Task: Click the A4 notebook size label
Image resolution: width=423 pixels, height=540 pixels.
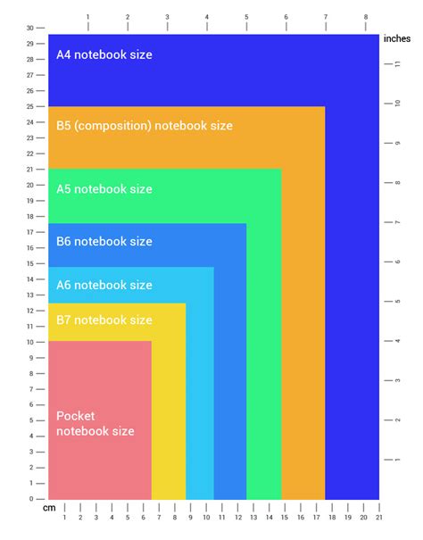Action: click(x=104, y=54)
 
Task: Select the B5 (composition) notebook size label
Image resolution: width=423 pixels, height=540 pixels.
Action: click(x=145, y=126)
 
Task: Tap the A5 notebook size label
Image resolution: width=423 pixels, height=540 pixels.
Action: click(x=104, y=189)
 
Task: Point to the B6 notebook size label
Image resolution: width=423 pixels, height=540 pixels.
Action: click(x=104, y=241)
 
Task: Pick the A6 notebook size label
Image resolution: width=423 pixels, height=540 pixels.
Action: click(x=104, y=286)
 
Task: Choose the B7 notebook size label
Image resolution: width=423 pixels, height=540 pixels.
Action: click(x=104, y=320)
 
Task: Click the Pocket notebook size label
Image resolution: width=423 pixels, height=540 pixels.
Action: click(x=95, y=424)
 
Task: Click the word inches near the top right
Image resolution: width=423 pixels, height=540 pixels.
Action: click(x=396, y=38)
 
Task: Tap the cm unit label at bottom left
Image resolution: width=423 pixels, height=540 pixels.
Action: click(x=49, y=508)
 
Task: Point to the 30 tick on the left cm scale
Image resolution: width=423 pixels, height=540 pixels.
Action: click(x=29, y=28)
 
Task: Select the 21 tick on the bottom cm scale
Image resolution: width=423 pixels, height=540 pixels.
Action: click(x=378, y=518)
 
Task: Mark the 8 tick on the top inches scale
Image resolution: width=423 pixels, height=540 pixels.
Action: click(x=365, y=17)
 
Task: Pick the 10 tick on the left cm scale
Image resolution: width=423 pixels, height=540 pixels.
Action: click(x=29, y=342)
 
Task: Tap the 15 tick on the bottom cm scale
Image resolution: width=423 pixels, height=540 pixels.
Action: click(x=284, y=518)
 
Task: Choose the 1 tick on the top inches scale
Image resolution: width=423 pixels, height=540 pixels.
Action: click(x=87, y=17)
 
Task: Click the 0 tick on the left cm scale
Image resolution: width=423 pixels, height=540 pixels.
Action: click(x=29, y=499)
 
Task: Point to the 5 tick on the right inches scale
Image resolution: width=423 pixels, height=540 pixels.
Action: click(x=397, y=301)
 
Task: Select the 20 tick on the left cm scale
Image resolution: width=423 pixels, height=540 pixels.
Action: click(x=29, y=185)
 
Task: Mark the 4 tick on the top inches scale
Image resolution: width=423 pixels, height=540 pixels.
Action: click(x=207, y=17)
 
